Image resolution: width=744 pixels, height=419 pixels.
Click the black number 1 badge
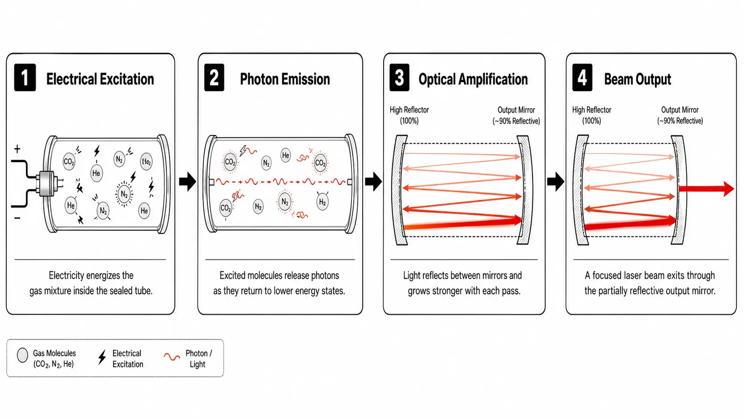tap(25, 77)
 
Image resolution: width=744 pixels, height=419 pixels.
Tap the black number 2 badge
tap(214, 77)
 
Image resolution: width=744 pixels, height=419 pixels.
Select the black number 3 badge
tap(399, 77)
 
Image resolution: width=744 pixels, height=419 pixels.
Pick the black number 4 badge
tap(582, 77)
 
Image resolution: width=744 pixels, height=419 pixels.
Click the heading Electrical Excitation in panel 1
tap(100, 79)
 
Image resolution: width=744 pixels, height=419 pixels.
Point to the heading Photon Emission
tap(285, 79)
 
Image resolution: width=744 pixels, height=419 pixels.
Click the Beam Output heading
tap(638, 79)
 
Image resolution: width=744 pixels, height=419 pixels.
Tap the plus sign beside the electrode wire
tap(17, 149)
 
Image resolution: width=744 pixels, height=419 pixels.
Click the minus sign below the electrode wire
tap(17, 218)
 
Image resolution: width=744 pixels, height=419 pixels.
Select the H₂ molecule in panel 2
tap(323, 202)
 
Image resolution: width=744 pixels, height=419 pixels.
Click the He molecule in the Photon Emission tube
tap(286, 155)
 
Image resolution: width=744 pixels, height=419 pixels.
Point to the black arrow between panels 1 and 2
tap(188, 181)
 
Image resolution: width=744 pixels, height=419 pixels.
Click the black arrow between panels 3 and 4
tap(556, 181)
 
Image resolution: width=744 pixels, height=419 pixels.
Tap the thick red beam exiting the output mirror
tap(706, 189)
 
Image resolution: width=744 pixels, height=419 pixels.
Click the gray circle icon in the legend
tap(23, 355)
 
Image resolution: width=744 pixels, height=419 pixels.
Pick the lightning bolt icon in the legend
tap(102, 357)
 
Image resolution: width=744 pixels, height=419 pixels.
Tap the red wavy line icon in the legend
tap(172, 357)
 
